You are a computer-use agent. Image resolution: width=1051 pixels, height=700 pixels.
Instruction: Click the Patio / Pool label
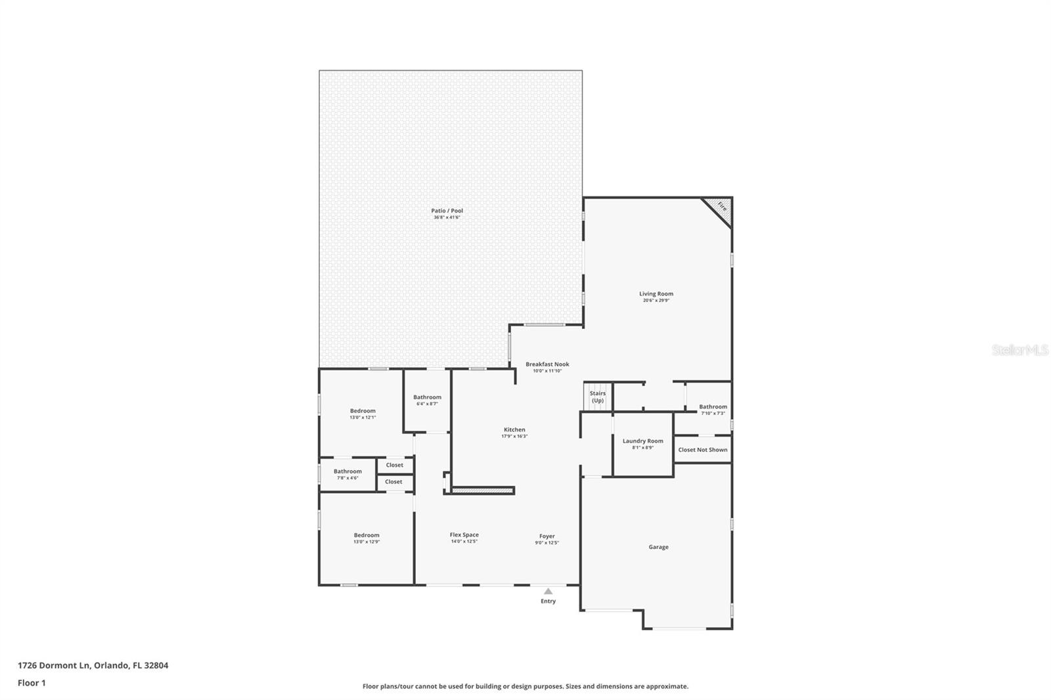pos(447,211)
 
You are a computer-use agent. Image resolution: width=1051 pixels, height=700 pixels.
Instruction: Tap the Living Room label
pos(656,294)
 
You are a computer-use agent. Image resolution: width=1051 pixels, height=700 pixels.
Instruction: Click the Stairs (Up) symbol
pos(597,397)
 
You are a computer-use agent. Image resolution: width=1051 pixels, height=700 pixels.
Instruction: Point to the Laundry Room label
pos(642,441)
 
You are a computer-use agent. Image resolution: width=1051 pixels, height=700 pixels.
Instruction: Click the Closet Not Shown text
pos(702,450)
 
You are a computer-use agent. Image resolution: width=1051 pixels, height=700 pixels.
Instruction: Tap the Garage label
pos(658,547)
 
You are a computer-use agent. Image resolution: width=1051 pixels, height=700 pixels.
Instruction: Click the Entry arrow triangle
pos(548,591)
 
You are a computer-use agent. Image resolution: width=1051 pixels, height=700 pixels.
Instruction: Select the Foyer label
pos(547,536)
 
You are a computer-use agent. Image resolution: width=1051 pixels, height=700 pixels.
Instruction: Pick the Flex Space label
pos(464,535)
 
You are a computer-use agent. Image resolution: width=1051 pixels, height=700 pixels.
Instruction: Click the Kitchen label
pos(514,430)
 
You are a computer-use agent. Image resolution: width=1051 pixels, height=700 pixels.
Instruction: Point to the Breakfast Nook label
pos(547,364)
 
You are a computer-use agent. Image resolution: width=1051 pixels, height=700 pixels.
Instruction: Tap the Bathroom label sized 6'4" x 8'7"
pos(427,397)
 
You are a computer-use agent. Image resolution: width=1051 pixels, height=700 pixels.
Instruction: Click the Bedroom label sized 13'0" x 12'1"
pos(363,411)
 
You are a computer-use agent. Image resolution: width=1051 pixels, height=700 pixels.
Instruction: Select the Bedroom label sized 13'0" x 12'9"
pos(367,535)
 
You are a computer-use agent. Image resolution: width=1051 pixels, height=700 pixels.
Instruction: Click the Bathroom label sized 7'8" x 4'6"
pos(347,471)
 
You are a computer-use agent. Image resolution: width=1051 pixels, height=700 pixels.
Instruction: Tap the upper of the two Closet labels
pos(394,465)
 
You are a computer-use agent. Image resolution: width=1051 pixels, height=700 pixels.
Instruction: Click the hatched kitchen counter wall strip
pos(482,490)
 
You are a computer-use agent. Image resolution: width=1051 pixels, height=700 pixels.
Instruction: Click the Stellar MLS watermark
pos(1019,350)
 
